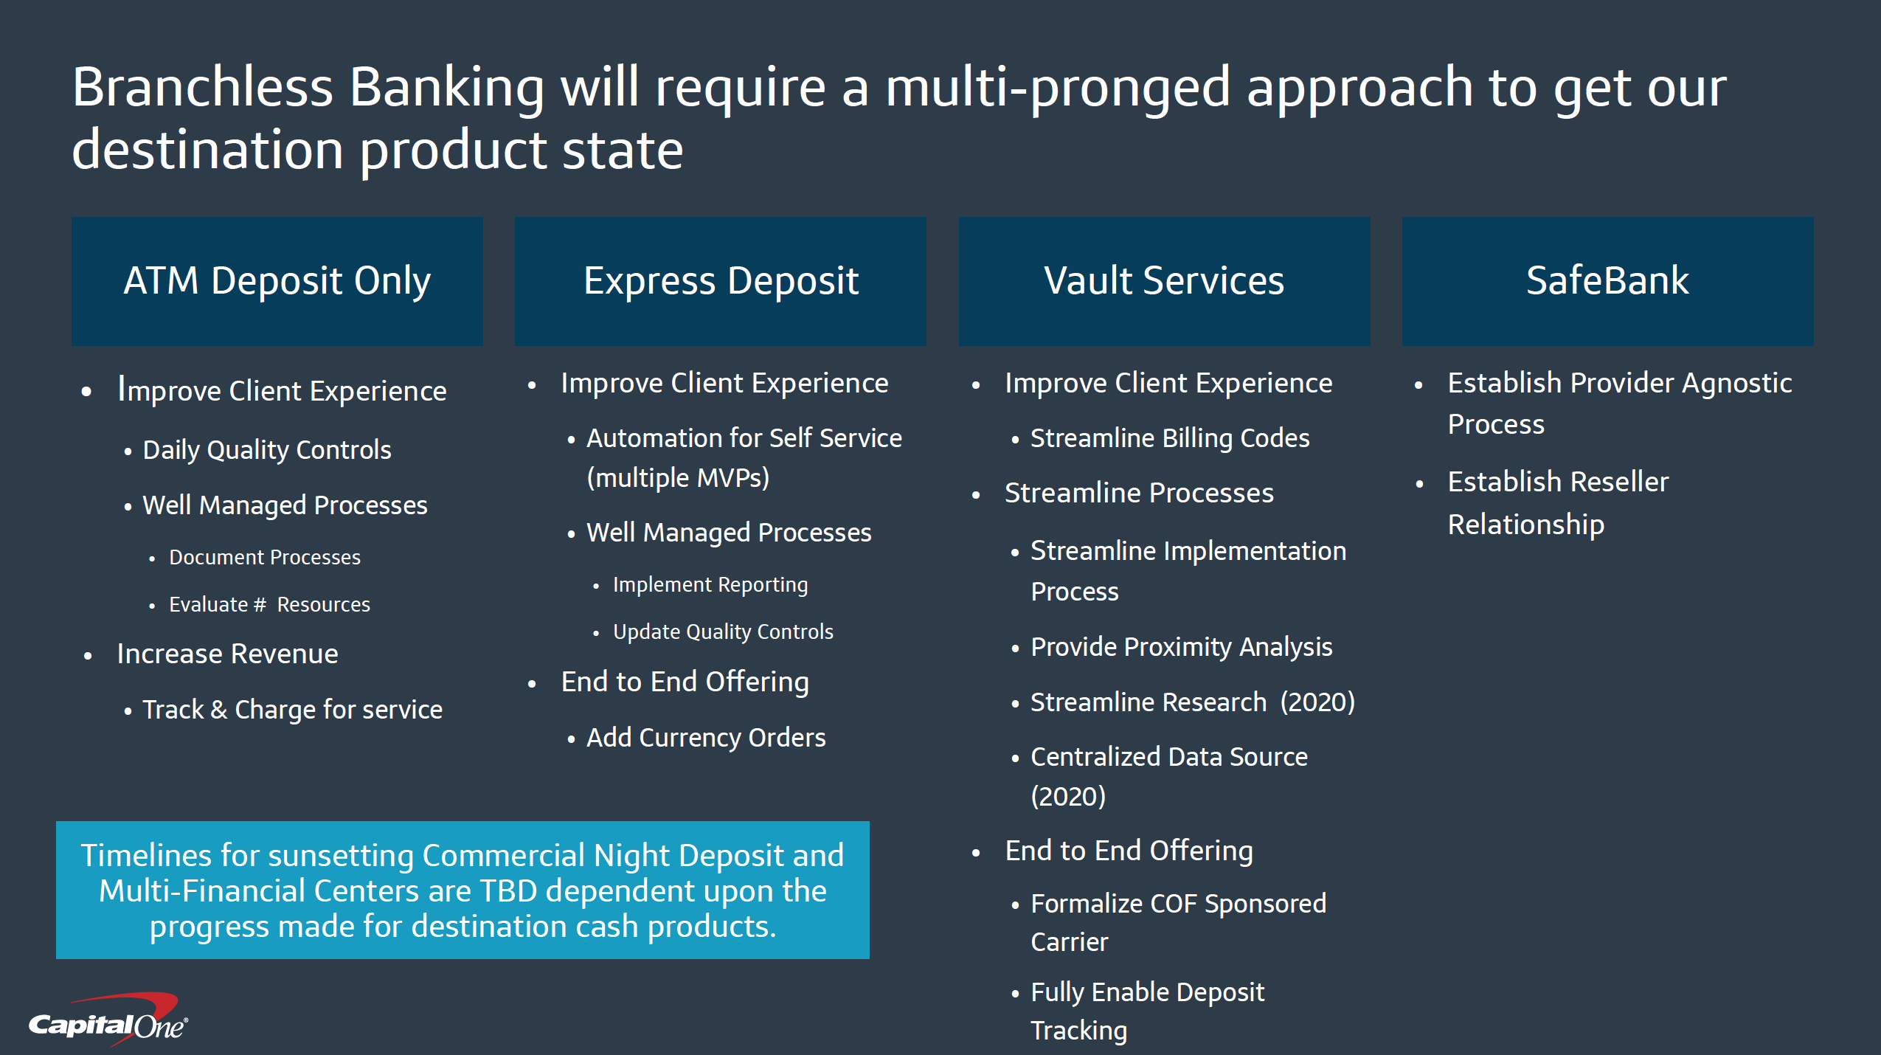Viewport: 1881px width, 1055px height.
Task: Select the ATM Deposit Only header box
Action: click(277, 281)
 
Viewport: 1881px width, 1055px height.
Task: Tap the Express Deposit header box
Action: click(720, 281)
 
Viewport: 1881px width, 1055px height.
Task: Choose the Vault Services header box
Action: click(1163, 281)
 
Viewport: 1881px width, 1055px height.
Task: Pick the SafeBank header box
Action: click(1607, 281)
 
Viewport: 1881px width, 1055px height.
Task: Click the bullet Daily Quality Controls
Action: click(266, 450)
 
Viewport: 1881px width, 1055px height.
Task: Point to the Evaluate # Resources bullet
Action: click(269, 605)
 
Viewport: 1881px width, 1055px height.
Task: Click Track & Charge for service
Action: click(292, 710)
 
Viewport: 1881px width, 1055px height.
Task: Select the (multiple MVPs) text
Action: click(678, 478)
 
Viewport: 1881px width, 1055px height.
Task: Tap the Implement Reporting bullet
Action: click(710, 585)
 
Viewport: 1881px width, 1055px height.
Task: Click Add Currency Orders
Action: click(706, 738)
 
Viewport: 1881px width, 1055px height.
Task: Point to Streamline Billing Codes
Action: click(1169, 438)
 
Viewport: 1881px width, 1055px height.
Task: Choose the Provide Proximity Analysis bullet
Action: click(1181, 647)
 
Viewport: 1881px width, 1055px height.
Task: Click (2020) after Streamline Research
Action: click(1317, 702)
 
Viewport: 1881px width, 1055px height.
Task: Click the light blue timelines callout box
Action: click(463, 890)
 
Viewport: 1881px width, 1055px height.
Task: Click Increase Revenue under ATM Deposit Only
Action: click(227, 654)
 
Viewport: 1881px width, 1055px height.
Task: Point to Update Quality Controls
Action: click(723, 632)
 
